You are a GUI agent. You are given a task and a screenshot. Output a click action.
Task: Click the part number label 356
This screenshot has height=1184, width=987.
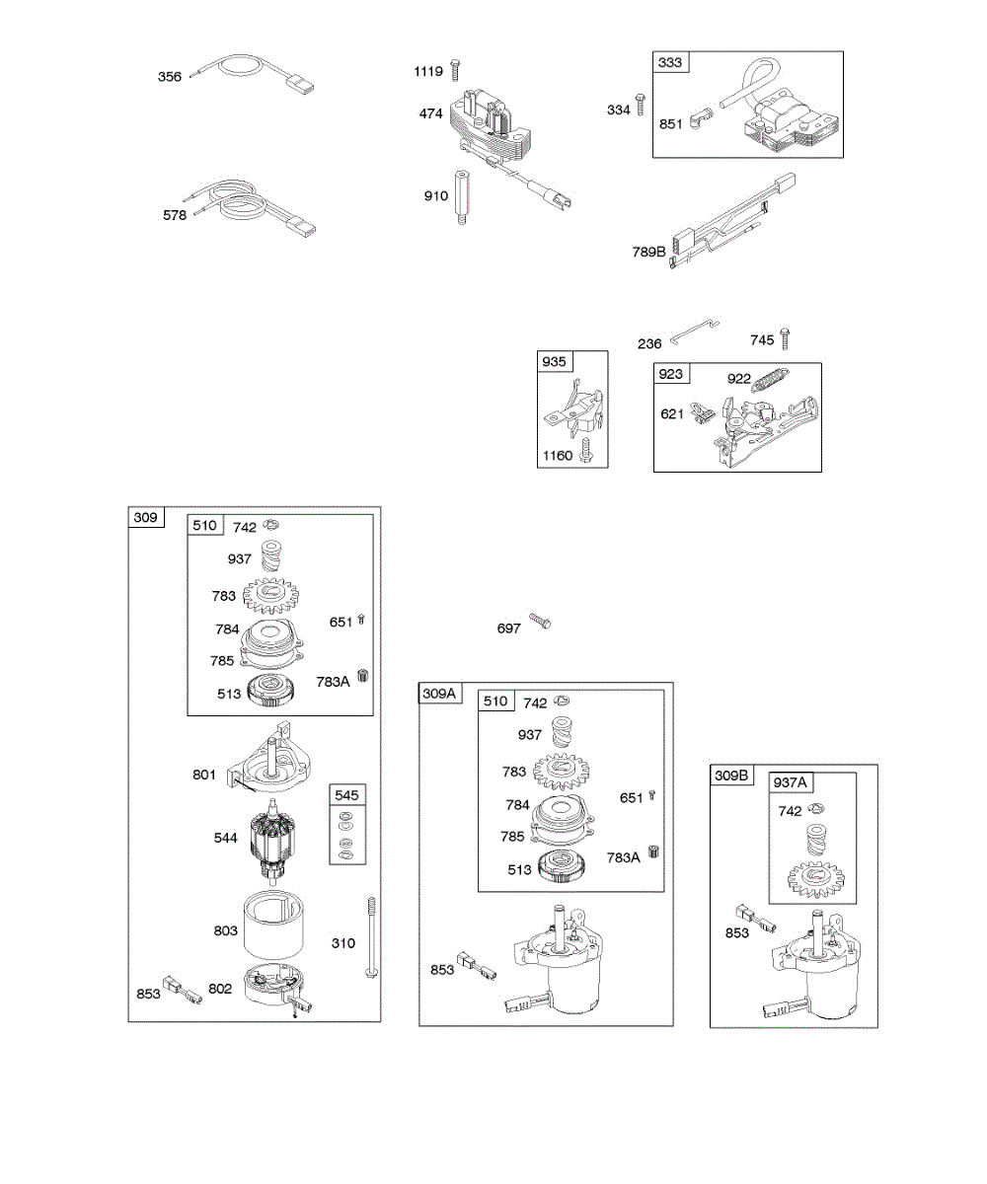pyautogui.click(x=170, y=76)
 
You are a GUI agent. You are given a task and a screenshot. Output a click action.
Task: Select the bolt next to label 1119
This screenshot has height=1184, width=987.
pyautogui.click(x=455, y=70)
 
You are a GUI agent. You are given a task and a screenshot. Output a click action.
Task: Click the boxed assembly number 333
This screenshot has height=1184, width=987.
pyautogui.click(x=669, y=62)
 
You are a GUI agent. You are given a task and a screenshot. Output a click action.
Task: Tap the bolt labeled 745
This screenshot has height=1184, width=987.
pyautogui.click(x=786, y=339)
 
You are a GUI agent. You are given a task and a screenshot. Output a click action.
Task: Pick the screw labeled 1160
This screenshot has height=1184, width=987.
pyautogui.click(x=586, y=453)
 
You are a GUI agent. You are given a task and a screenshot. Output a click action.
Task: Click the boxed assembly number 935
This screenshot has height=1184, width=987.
pyautogui.click(x=555, y=361)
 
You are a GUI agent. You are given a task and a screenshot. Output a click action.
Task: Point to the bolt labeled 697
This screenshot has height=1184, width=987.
pyautogui.click(x=540, y=623)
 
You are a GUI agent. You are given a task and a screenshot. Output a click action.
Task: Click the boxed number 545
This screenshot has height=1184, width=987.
pyautogui.click(x=345, y=794)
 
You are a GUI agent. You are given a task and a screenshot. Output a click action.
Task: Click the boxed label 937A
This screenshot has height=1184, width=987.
pyautogui.click(x=791, y=782)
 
